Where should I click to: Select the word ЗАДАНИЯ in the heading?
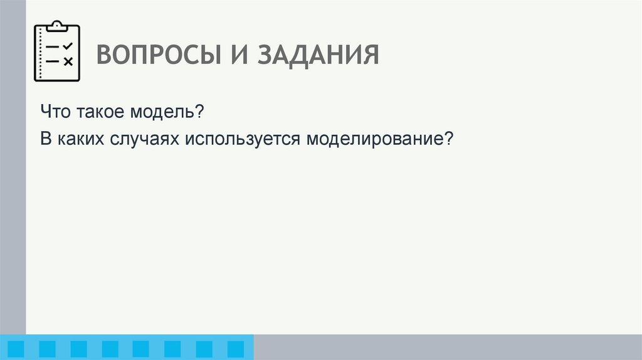pos(318,55)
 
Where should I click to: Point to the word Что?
pos(57,113)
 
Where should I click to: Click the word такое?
pos(102,113)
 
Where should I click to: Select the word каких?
pos(78,139)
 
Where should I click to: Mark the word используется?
pos(242,139)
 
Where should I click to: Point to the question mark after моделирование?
pos(447,139)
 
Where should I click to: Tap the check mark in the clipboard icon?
pos(68,46)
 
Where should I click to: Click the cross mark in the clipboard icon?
pos(68,61)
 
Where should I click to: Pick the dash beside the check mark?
pos(53,47)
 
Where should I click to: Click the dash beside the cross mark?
pos(53,61)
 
